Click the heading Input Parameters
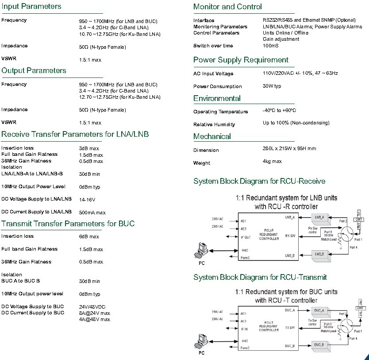(31, 7)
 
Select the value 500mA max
(92, 213)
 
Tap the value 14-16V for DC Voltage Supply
(87, 200)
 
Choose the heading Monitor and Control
(227, 7)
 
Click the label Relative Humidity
(214, 125)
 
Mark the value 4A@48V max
(94, 319)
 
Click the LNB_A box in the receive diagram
(320, 217)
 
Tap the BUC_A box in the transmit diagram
(320, 310)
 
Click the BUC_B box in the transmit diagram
(320, 344)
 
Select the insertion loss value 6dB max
(89, 237)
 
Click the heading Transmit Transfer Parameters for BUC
(68, 224)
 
